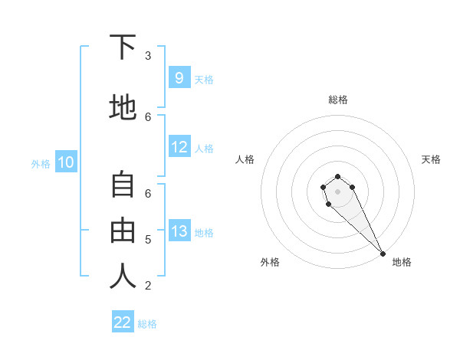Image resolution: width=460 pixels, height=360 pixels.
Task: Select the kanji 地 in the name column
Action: pos(123,106)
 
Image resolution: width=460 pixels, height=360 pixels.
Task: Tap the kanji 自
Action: pos(123,185)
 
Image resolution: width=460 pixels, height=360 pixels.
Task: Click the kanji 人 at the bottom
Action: pos(123,276)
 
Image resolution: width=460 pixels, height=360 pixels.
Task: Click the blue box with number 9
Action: pos(179,77)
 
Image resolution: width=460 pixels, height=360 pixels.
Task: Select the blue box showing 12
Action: pos(179,147)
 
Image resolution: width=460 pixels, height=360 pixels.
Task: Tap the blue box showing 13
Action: pos(179,231)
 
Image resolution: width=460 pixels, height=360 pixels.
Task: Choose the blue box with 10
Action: pos(65,162)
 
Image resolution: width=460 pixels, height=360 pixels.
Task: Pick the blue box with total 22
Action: pos(123,322)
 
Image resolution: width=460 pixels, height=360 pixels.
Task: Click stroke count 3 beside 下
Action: pos(148,56)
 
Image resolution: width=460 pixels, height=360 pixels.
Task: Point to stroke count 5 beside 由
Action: pos(148,240)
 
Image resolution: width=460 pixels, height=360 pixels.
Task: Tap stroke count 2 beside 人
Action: pos(148,286)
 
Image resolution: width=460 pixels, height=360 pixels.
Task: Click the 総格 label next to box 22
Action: pos(147,324)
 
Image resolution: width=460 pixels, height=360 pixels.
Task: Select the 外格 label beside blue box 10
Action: pos(41,163)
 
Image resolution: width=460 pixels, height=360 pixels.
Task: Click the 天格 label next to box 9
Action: pos(204,79)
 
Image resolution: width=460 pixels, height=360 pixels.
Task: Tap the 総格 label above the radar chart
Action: pos(338,100)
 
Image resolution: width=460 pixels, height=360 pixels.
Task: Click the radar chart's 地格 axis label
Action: pos(402,262)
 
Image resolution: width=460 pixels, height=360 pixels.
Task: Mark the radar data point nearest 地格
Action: pos(383,254)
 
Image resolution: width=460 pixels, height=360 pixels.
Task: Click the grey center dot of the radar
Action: pos(338,191)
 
